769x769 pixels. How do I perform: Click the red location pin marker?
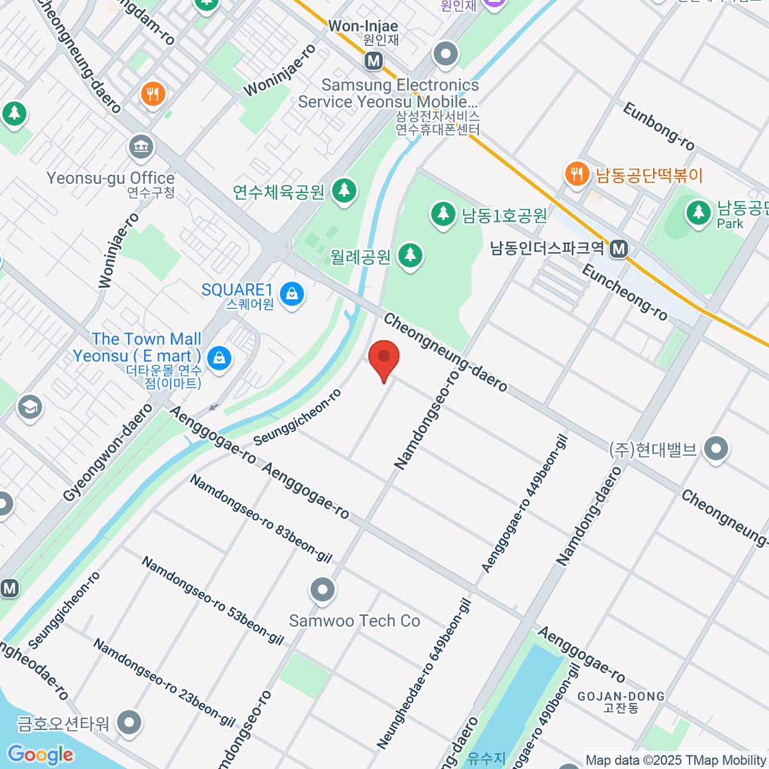[x=384, y=358]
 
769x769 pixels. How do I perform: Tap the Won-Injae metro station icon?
[x=374, y=61]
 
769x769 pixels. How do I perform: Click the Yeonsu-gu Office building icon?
[x=141, y=147]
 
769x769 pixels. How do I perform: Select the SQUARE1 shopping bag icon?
[x=292, y=294]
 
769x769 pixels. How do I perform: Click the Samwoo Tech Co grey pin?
[x=322, y=590]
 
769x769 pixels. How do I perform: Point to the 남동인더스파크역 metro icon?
[x=618, y=249]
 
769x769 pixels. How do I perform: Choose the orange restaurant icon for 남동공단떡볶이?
[x=577, y=174]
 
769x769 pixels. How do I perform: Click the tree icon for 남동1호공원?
[x=442, y=213]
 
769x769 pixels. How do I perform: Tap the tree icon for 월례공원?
[x=410, y=256]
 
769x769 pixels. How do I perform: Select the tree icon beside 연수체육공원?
[x=345, y=190]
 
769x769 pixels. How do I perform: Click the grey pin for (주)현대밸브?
[x=716, y=449]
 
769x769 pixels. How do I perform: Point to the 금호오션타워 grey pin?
[x=130, y=722]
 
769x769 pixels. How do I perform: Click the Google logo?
[x=40, y=754]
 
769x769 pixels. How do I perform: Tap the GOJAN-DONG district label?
[x=620, y=697]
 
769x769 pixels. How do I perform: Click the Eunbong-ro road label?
[x=658, y=126]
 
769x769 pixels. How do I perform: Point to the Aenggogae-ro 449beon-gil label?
[x=524, y=504]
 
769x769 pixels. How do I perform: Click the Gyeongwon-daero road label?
[x=108, y=452]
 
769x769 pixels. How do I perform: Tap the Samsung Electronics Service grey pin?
[x=445, y=54]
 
